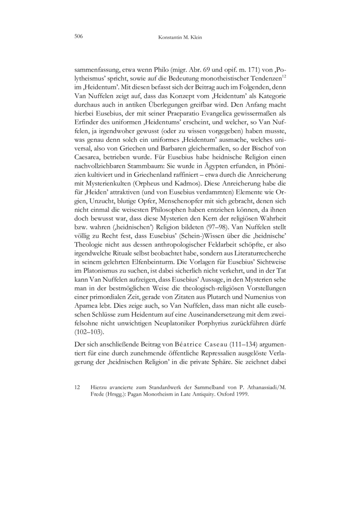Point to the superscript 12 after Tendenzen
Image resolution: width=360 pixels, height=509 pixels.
point(283,77)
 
